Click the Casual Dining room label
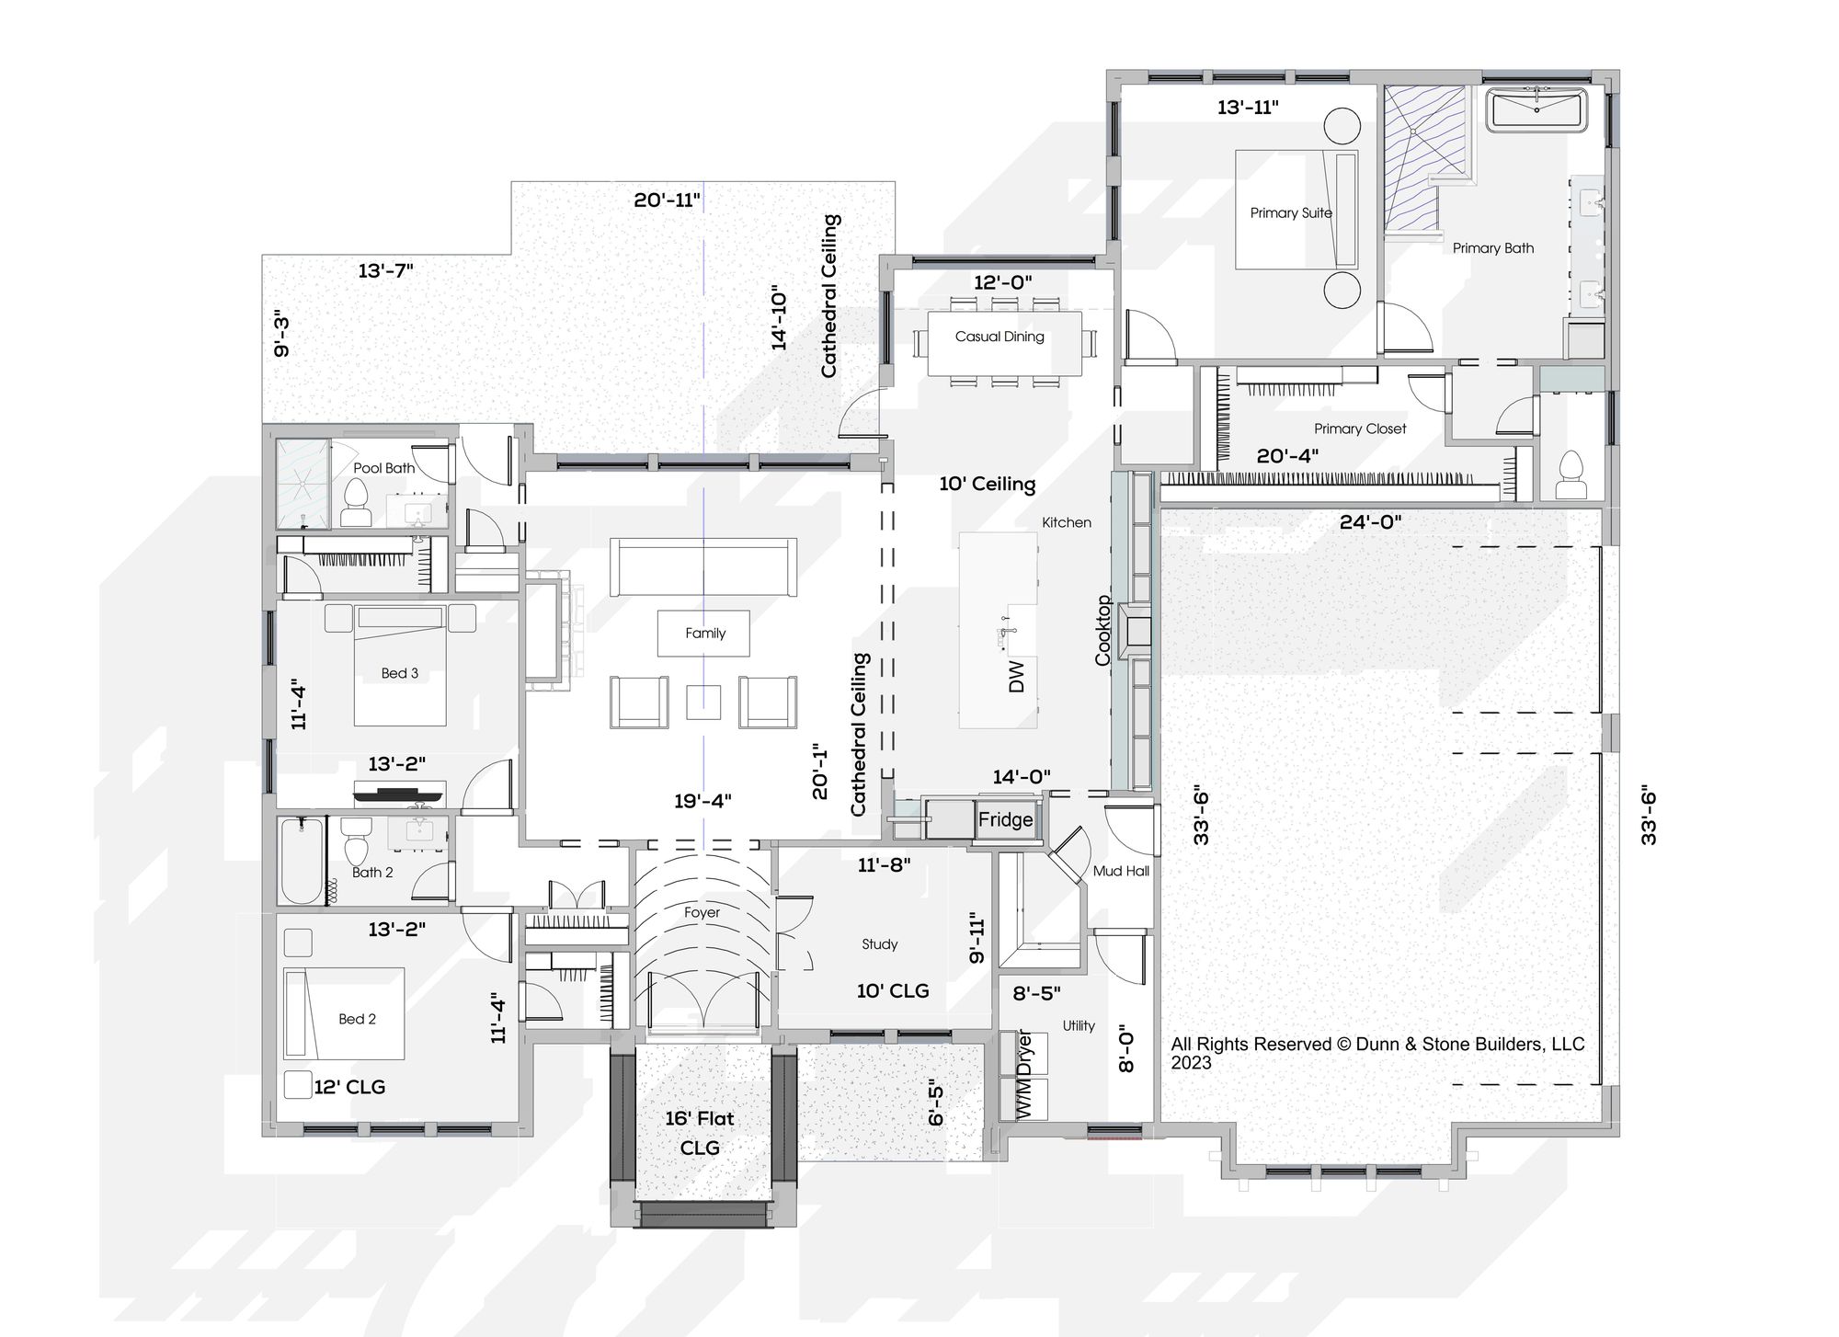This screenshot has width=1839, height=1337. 999,337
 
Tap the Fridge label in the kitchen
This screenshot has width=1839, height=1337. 1005,819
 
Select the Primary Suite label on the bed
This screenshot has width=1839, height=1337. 1291,213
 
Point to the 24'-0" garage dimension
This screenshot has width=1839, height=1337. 1370,522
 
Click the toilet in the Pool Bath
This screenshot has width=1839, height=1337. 355,502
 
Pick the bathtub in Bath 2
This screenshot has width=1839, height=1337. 301,861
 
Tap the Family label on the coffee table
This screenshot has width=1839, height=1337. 705,634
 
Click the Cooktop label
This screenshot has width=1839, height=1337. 1103,631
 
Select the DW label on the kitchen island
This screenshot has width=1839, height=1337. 1016,677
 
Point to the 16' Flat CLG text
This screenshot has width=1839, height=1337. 700,1133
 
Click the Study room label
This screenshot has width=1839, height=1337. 880,944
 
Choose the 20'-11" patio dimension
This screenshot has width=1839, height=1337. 668,200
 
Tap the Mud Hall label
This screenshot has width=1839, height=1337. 1121,871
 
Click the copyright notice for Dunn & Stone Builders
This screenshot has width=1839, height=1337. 1377,1054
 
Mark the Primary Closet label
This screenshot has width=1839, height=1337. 1360,429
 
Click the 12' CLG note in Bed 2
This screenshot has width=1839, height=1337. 349,1087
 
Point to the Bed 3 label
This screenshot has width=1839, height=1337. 400,673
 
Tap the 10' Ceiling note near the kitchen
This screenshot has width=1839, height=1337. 987,484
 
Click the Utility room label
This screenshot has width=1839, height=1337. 1079,1025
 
